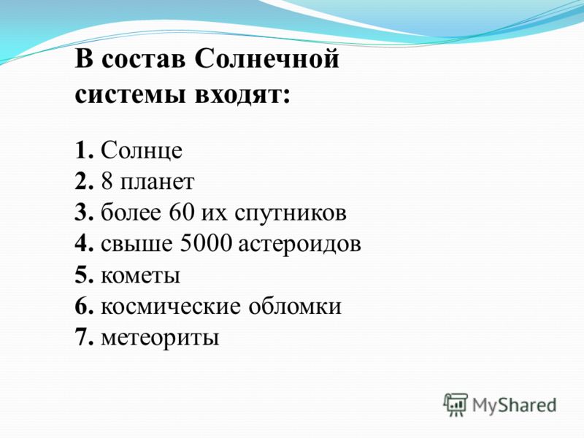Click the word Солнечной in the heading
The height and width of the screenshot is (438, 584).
point(266,59)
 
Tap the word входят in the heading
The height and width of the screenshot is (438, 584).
point(242,95)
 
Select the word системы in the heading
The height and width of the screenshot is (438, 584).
point(130,95)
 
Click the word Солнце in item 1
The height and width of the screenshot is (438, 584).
point(142,151)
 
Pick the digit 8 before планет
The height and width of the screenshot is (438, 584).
point(107,181)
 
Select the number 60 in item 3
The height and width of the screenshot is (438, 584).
point(182,212)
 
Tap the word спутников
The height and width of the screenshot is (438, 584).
point(291,214)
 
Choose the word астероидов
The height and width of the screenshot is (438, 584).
point(299,245)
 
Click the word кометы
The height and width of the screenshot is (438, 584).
point(140,277)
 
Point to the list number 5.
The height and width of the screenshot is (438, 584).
point(83,275)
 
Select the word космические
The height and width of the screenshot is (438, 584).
point(171,307)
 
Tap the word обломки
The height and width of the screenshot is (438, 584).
point(295,306)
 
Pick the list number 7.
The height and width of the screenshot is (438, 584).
point(83,337)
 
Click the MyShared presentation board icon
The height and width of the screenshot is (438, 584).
point(455,404)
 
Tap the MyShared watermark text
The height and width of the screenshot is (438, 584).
point(514,406)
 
